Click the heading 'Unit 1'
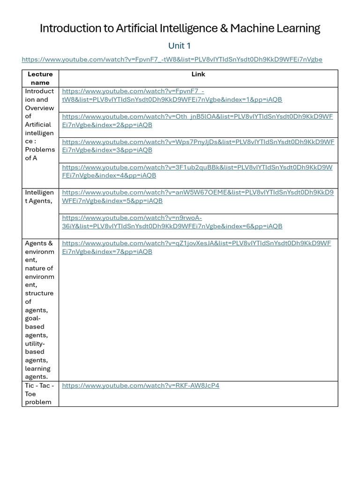click(180, 46)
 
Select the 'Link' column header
click(198, 74)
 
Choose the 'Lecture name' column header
click(40, 78)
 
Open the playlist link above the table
click(172, 60)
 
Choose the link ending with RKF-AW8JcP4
click(140, 386)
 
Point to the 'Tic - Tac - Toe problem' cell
click(39, 394)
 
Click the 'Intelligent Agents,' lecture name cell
click(39, 196)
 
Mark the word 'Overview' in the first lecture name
click(39, 108)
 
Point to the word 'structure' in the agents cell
click(39, 293)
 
